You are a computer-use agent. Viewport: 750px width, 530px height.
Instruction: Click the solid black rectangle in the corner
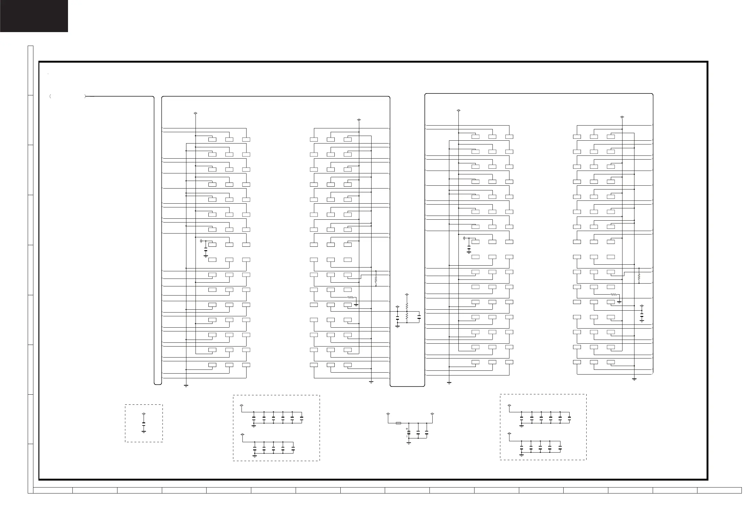click(x=34, y=16)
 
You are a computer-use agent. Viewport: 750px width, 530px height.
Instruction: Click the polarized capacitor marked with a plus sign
click(x=409, y=432)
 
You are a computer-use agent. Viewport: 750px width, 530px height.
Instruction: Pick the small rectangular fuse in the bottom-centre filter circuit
click(x=399, y=423)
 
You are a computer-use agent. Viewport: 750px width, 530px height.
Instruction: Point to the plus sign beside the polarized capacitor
click(x=407, y=429)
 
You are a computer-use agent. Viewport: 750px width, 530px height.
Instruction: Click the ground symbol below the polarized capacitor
click(x=409, y=443)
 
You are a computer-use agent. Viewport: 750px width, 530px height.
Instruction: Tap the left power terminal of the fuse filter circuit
click(x=388, y=414)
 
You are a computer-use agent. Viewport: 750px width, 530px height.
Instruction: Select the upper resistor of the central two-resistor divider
click(x=407, y=306)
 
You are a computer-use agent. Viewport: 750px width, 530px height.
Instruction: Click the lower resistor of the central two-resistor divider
click(x=407, y=316)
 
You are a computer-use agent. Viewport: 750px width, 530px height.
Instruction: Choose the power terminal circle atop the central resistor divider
click(x=407, y=295)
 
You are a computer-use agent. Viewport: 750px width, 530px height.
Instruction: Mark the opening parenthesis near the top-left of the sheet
click(x=50, y=97)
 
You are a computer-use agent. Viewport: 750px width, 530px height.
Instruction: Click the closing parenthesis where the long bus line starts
click(x=85, y=97)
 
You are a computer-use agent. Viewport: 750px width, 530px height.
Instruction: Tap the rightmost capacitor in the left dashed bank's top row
click(x=302, y=418)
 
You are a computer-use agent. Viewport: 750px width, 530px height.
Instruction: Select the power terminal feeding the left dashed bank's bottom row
click(x=242, y=435)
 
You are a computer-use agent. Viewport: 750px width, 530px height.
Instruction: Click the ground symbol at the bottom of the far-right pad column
click(x=634, y=379)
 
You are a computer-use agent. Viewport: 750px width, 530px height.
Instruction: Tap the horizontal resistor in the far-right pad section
click(x=614, y=295)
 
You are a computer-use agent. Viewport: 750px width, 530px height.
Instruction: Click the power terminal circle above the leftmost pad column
click(x=196, y=113)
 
